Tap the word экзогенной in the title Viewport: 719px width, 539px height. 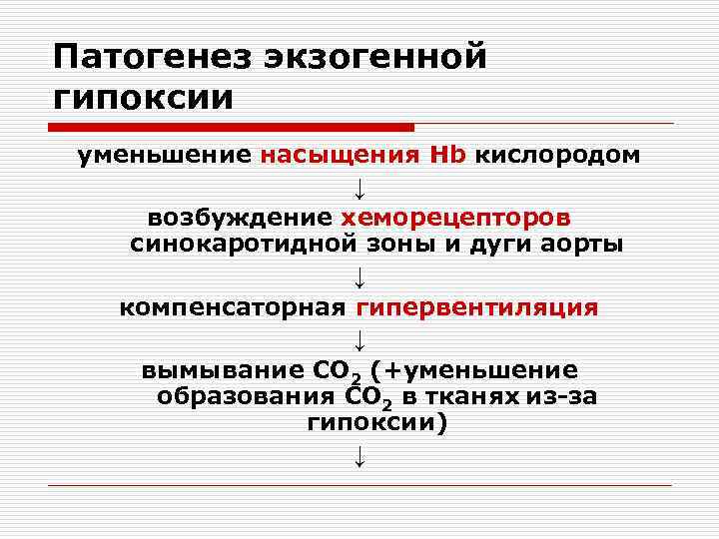[375, 57]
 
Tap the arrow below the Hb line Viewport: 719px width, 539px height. [359, 187]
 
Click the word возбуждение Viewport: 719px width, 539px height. [240, 217]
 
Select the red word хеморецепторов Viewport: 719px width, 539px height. [456, 217]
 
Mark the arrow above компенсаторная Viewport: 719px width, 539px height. [359, 275]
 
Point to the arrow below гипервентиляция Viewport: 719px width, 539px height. [359, 339]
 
